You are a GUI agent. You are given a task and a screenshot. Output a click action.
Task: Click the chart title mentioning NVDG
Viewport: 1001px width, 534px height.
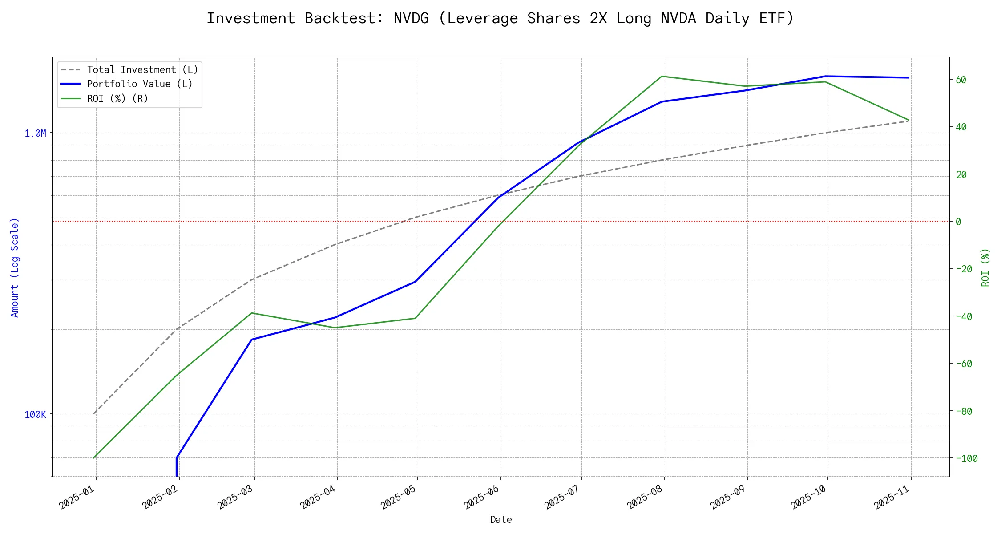tap(500, 18)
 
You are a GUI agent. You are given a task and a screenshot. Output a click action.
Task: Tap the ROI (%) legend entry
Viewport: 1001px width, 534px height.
tap(117, 98)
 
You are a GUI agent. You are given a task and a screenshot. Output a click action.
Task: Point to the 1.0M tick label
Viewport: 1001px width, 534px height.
tap(35, 133)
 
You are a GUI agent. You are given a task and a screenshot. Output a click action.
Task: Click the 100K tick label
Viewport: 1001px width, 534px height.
tap(35, 415)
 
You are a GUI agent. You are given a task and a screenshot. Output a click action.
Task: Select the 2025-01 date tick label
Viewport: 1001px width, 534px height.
tap(78, 497)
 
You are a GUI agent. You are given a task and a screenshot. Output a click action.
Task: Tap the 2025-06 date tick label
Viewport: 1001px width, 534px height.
tap(483, 497)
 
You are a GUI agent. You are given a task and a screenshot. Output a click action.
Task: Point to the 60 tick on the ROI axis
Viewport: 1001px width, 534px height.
tap(961, 80)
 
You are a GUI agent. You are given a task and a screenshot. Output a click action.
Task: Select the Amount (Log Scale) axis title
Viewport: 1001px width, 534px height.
tap(15, 267)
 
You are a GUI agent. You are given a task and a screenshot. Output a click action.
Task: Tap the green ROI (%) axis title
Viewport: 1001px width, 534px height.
tap(985, 267)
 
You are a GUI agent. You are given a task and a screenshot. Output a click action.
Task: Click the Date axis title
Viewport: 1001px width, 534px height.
tap(501, 519)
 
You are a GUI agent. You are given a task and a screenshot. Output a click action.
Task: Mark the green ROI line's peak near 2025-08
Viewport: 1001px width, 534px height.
tap(662, 76)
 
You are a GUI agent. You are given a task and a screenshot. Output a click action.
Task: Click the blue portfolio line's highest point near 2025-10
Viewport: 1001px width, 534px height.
tap(826, 76)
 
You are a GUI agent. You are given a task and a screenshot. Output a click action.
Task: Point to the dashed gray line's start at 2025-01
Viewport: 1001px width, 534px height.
tap(94, 413)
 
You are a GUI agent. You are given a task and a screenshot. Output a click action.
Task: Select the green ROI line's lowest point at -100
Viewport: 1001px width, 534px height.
tap(94, 457)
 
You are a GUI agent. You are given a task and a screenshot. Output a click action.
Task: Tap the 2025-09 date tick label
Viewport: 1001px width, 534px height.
tap(729, 497)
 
